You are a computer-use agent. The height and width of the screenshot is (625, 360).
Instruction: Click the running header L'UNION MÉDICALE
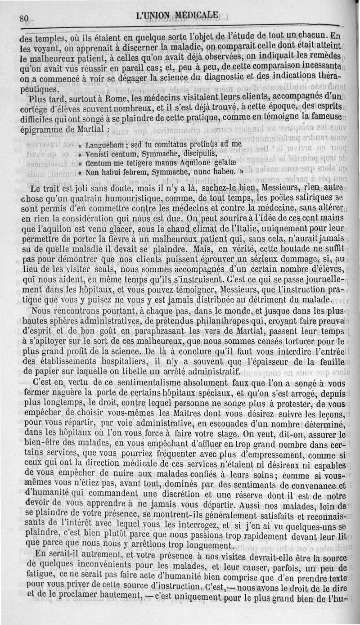[177, 16]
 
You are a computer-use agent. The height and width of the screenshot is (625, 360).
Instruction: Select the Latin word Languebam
[104, 145]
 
